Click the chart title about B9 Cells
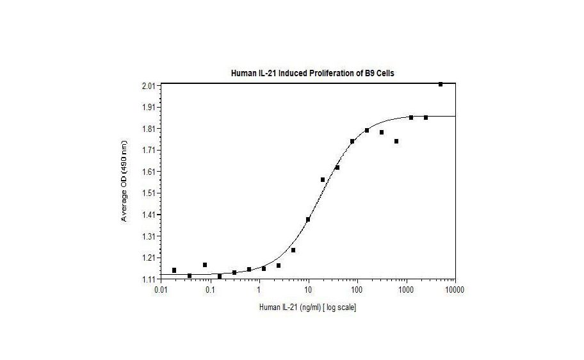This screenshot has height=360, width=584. [x=312, y=73]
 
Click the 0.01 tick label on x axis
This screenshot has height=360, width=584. [x=161, y=290]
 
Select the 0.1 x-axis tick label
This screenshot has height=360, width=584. [x=210, y=290]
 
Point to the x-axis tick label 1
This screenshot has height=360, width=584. [x=259, y=290]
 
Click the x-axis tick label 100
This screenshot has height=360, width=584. [x=357, y=290]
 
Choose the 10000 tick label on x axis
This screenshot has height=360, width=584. [x=455, y=290]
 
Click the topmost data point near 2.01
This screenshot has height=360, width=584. [x=441, y=84]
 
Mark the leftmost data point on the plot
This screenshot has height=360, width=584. [x=174, y=270]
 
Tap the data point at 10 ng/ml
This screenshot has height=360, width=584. [x=308, y=219]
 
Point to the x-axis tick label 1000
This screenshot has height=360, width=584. [x=406, y=290]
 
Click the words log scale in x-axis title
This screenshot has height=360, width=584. [x=339, y=307]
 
